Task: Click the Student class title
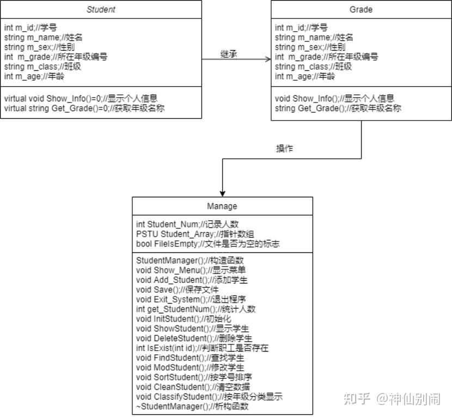[101, 9]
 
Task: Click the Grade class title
[361, 9]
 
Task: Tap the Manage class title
[222, 206]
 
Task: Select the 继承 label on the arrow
[229, 54]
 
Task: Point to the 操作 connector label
[285, 148]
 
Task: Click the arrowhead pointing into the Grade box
[268, 59]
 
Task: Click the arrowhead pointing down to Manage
[222, 193]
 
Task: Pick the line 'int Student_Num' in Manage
[187, 224]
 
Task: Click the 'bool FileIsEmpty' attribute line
[207, 244]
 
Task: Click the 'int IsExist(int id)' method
[202, 348]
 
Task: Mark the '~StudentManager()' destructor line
[192, 406]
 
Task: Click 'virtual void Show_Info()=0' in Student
[81, 99]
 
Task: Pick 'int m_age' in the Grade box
[305, 76]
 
